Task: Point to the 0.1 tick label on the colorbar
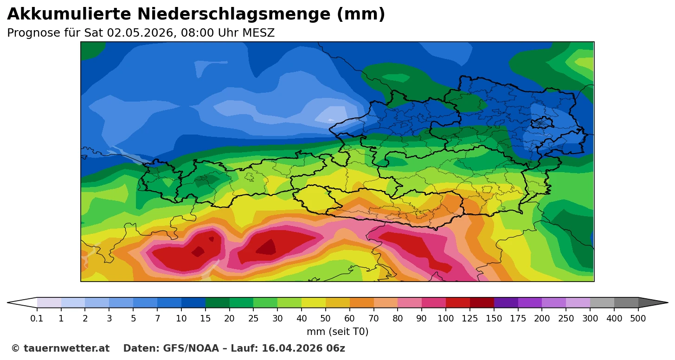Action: [37, 319]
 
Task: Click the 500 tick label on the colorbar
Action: [638, 319]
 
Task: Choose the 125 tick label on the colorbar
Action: [470, 319]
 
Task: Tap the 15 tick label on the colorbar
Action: [206, 319]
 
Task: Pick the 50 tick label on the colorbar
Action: [326, 319]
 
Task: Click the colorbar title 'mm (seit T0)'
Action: [337, 332]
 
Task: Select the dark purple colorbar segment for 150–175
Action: [506, 303]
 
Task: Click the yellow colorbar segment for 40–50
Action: [314, 303]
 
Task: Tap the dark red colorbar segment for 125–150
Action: [482, 303]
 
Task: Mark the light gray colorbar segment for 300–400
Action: [602, 303]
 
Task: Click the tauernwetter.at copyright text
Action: [60, 348]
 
